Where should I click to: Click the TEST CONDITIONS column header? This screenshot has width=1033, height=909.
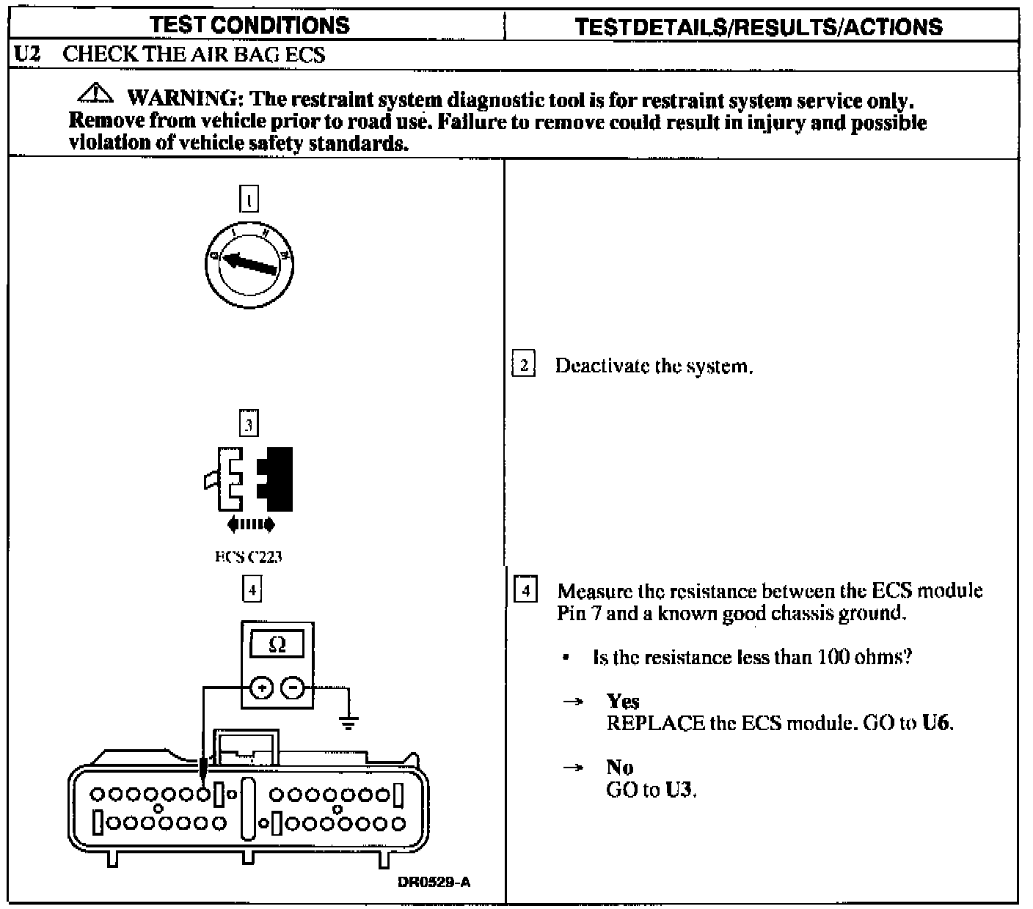click(249, 25)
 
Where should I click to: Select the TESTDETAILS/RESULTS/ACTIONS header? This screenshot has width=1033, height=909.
click(759, 27)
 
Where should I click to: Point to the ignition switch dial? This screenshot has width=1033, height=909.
click(249, 264)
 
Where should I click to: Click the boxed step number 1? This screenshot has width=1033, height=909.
click(249, 199)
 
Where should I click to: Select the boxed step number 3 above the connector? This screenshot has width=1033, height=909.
click(249, 424)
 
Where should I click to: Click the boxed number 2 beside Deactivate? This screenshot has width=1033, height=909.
click(523, 365)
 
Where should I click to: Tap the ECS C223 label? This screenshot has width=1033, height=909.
click(249, 556)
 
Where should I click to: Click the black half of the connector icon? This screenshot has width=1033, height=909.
click(278, 478)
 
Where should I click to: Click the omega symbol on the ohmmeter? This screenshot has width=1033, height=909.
click(277, 645)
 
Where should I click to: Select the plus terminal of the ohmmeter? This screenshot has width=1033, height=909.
click(262, 688)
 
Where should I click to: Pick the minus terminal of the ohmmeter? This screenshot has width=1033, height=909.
click(293, 688)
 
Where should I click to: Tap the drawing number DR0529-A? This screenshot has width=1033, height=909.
click(434, 882)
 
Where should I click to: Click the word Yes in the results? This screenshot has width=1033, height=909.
click(623, 702)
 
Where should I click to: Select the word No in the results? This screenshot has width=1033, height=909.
click(620, 768)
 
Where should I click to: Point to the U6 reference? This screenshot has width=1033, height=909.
click(936, 723)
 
